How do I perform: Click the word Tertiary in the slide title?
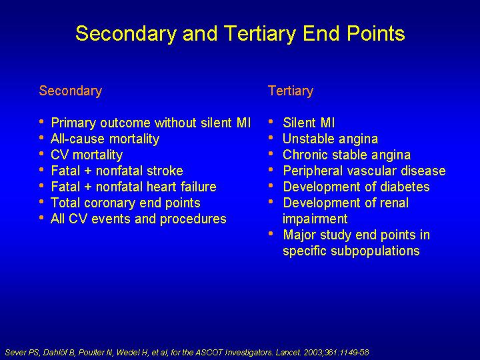pos(259,34)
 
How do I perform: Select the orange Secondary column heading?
pos(71,91)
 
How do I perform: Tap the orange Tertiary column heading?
pos(291,91)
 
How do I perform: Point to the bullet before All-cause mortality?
pos(41,138)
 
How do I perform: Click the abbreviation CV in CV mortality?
pos(60,155)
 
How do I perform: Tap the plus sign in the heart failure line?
pos(88,187)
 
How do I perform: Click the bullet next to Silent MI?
pos(271,122)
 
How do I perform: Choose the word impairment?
pos(315,219)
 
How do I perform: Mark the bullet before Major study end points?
pos(271,234)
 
